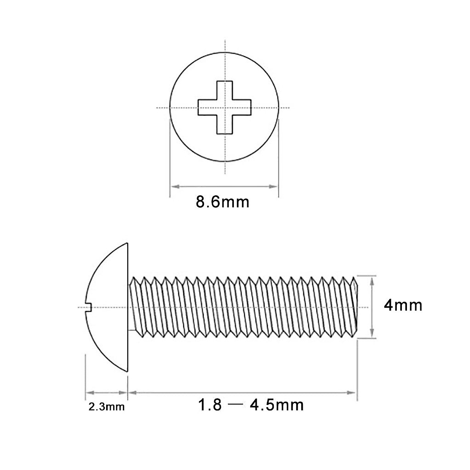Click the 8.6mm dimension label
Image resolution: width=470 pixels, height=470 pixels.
222,202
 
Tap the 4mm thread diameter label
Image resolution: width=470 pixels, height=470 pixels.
403,305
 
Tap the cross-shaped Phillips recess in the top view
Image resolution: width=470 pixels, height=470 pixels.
224,107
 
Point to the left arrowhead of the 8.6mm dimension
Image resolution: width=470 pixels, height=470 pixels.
173,186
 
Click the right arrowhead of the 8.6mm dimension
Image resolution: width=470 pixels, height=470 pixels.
275,186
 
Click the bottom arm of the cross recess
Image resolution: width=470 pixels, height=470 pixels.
224,125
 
